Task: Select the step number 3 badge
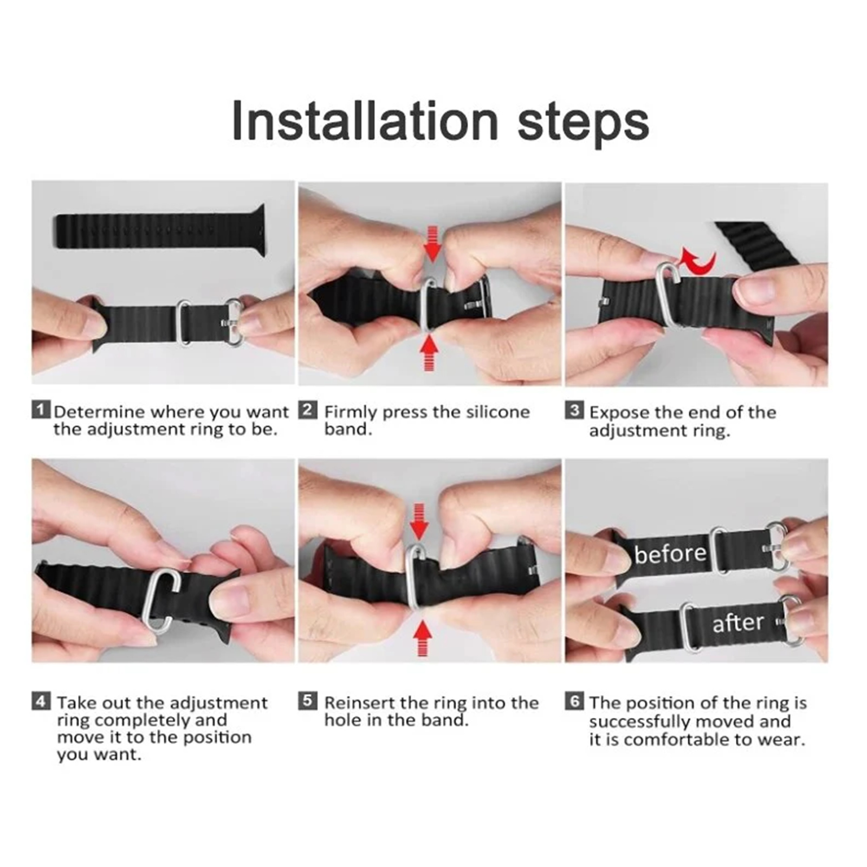coord(574,410)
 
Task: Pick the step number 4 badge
coord(41,701)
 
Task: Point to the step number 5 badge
coord(307,701)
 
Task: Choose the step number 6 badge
coord(574,701)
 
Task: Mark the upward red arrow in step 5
coord(422,639)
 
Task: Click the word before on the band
coord(670,553)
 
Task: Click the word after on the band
coord(737,623)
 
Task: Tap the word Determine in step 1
coord(99,412)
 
